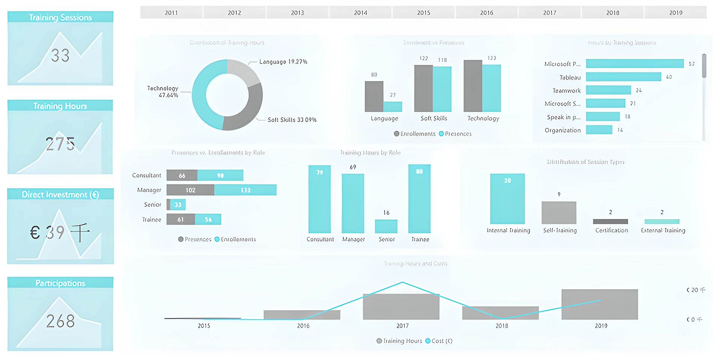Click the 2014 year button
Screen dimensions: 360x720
(360, 13)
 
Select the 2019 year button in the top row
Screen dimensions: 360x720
(675, 13)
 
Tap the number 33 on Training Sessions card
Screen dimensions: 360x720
(60, 55)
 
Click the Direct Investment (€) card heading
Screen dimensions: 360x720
(60, 194)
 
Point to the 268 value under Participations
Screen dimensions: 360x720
(60, 321)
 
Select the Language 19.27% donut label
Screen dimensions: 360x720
(283, 62)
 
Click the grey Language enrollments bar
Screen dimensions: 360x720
(374, 96)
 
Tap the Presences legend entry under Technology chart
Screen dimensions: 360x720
(455, 134)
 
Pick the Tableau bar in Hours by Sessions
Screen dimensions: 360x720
(623, 77)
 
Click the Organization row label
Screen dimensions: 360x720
(562, 130)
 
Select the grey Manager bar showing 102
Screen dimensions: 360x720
(190, 190)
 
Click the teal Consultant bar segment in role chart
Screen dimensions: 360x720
(220, 175)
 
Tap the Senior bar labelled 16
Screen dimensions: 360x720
(386, 226)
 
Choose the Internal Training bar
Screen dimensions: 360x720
(507, 199)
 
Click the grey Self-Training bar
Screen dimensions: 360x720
(559, 213)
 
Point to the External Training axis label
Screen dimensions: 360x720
(663, 230)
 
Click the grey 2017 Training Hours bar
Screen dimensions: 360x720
(401, 307)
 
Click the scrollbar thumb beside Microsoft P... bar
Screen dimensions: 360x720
(704, 66)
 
